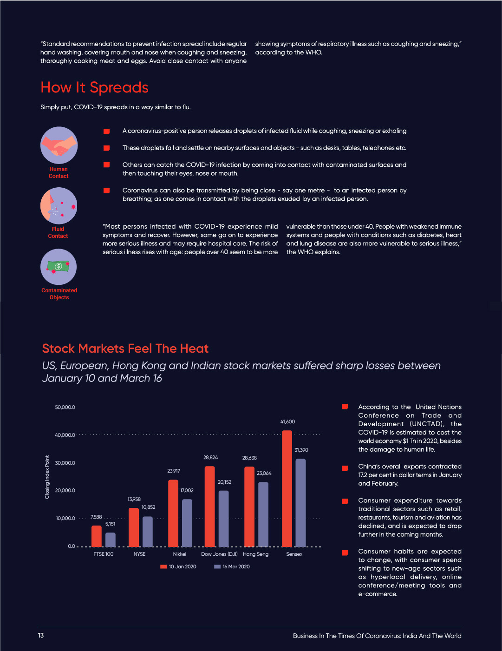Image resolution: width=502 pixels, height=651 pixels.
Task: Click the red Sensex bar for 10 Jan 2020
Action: pyautogui.click(x=287, y=488)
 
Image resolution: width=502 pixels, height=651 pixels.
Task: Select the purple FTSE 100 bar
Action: pyautogui.click(x=111, y=539)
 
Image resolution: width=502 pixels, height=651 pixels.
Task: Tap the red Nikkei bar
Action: pyautogui.click(x=173, y=513)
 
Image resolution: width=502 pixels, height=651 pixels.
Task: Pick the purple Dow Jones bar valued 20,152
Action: pyautogui.click(x=224, y=519)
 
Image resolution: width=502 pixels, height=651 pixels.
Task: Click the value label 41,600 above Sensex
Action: pyautogui.click(x=287, y=422)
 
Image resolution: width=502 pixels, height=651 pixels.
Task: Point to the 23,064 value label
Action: pyautogui.click(x=264, y=473)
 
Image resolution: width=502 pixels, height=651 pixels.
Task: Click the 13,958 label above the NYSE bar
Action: pyautogui.click(x=134, y=500)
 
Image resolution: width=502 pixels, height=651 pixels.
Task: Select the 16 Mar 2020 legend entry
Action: pyautogui.click(x=232, y=566)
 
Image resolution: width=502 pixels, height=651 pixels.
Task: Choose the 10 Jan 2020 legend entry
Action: pyautogui.click(x=178, y=566)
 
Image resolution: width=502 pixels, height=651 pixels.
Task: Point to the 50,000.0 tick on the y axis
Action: pyautogui.click(x=65, y=408)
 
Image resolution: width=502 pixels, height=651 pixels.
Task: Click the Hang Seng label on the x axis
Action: pyautogui.click(x=255, y=554)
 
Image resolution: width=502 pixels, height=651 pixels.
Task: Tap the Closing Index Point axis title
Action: pyautogui.click(x=47, y=477)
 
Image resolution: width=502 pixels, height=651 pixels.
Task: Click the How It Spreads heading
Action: pyautogui.click(x=94, y=87)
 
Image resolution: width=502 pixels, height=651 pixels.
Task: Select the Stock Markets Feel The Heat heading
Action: pyautogui.click(x=125, y=349)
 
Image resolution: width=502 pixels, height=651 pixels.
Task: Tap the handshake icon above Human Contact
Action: pyautogui.click(x=59, y=145)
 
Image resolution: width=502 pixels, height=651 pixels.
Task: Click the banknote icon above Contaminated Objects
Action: pyautogui.click(x=59, y=267)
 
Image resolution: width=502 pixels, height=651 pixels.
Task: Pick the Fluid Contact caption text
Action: pyautogui.click(x=58, y=232)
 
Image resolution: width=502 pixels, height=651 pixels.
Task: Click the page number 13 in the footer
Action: pyautogui.click(x=41, y=635)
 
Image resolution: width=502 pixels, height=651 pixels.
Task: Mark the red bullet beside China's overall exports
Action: pyautogui.click(x=345, y=468)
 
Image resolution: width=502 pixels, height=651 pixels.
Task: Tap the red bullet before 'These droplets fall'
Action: pyautogui.click(x=106, y=148)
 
